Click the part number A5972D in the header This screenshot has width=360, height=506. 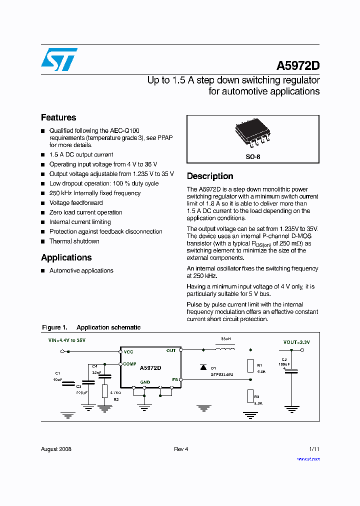[298, 66]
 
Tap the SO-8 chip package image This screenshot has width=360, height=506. [253, 134]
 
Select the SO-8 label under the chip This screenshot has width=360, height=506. [253, 156]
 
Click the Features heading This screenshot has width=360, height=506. [58, 117]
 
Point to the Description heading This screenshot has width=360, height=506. [210, 176]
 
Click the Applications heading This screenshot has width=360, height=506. [66, 257]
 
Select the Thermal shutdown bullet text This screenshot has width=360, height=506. [74, 241]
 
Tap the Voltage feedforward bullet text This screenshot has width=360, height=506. [76, 202]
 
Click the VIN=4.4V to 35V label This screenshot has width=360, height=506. [66, 340]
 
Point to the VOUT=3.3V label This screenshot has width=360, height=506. [296, 342]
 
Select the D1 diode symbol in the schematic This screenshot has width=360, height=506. [203, 367]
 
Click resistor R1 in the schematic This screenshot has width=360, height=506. [250, 365]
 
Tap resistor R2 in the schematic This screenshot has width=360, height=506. [250, 396]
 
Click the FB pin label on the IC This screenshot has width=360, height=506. [175, 379]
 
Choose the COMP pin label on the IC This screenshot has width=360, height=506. [129, 364]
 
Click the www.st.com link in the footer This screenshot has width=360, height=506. [308, 458]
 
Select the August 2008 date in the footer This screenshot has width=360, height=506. [56, 449]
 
